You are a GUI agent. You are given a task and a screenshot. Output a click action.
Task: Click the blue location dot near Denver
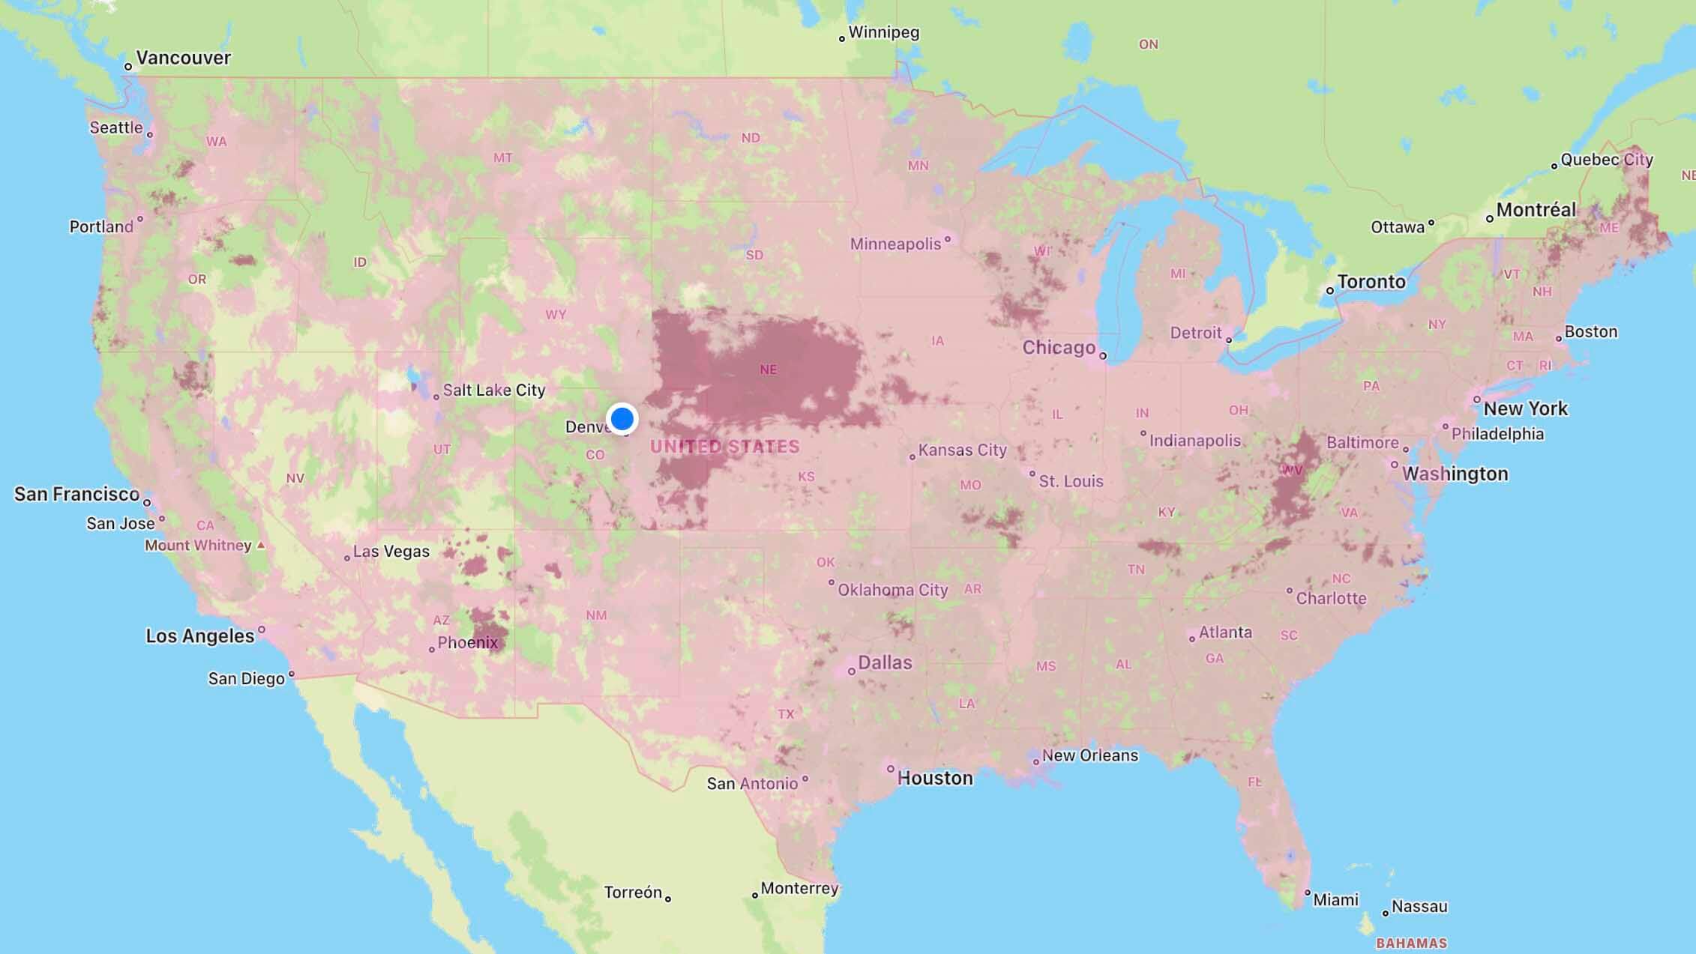622,418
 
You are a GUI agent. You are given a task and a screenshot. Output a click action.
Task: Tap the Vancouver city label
183,58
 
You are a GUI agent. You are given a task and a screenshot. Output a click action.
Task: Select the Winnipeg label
883,32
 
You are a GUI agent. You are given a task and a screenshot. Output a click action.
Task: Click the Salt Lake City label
493,390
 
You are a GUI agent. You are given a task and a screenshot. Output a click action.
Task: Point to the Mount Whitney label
198,545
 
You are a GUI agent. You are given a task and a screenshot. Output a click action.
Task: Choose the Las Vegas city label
391,552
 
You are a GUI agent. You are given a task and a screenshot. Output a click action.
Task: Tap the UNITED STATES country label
724,447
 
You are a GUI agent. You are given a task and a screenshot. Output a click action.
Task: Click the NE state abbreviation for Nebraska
768,369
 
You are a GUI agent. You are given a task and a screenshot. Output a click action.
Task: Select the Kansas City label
962,450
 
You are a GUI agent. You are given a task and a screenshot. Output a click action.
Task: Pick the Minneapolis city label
895,244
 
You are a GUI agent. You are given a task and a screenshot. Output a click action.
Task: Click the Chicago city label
1059,348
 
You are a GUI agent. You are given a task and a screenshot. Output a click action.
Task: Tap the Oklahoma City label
892,590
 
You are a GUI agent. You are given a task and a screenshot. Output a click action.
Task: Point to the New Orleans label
1089,755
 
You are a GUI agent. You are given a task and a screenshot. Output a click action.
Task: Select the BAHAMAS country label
1411,943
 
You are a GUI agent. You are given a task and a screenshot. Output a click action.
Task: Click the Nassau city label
1419,907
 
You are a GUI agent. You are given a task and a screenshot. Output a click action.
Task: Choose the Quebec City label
1606,160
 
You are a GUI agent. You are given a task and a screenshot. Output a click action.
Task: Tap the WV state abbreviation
1292,471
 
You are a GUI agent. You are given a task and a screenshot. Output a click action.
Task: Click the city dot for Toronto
1330,291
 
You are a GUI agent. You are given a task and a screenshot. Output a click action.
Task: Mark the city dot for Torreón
667,899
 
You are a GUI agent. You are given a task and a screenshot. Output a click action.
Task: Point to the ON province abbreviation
1148,44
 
